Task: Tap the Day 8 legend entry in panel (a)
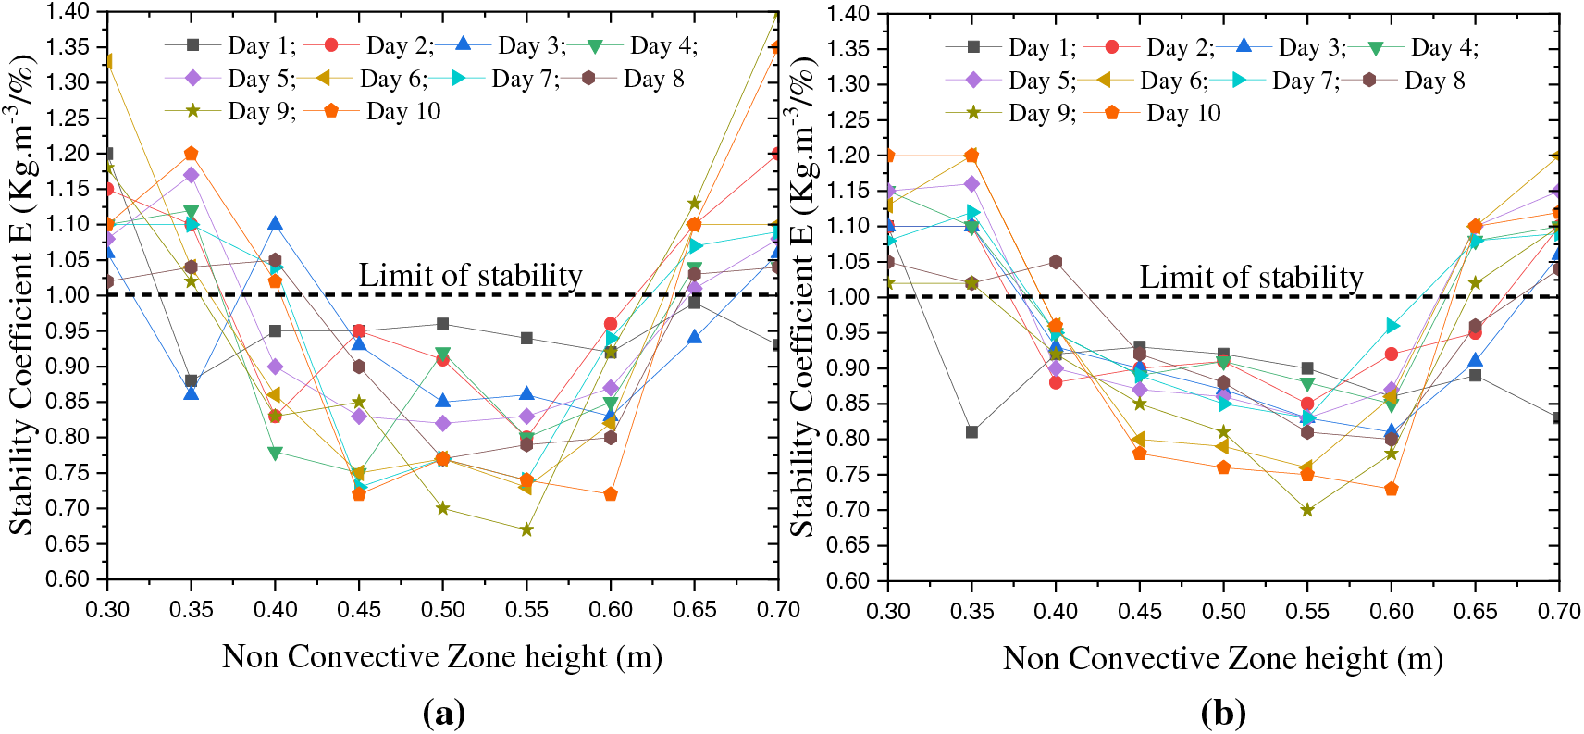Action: pyautogui.click(x=634, y=79)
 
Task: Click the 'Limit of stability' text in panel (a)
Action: pyautogui.click(x=470, y=275)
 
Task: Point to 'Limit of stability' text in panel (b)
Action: pyautogui.click(x=1250, y=277)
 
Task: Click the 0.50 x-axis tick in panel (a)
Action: pyautogui.click(x=443, y=609)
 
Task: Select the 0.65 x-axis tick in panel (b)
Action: pyautogui.click(x=1475, y=611)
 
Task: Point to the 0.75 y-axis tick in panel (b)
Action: pyautogui.click(x=848, y=475)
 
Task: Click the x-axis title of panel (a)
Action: pyautogui.click(x=442, y=656)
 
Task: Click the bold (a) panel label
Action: pyautogui.click(x=443, y=713)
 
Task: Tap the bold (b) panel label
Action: pyautogui.click(x=1223, y=713)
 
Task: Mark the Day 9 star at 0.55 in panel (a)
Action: pyautogui.click(x=526, y=529)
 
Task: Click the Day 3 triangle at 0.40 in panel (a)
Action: pyautogui.click(x=275, y=223)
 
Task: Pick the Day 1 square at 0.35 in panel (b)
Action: pyautogui.click(x=971, y=432)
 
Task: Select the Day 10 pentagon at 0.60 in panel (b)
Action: pyautogui.click(x=1391, y=489)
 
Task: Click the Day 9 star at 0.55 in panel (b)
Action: pyautogui.click(x=1306, y=510)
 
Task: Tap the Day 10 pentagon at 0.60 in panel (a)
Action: pyautogui.click(x=611, y=494)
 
